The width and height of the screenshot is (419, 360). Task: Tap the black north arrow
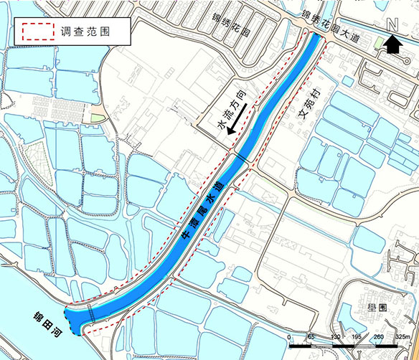point(393,45)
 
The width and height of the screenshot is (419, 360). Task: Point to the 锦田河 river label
point(48,329)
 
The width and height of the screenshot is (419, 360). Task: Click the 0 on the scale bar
point(288,336)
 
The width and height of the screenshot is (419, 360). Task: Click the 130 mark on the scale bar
point(335,336)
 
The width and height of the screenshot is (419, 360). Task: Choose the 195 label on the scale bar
point(358,336)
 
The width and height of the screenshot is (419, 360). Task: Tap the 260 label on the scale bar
point(381,336)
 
